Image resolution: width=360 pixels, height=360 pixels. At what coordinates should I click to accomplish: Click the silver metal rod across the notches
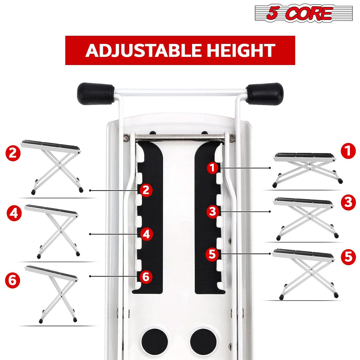pos(180,137)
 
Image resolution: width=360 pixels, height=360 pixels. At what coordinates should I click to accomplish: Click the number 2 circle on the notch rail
pos(146,190)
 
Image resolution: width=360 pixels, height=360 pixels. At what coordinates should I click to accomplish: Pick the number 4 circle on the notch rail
pos(146,234)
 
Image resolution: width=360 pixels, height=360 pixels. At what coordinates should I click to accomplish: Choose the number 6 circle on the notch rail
pos(146,277)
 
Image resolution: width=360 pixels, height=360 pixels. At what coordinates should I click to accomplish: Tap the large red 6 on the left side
pos(13,281)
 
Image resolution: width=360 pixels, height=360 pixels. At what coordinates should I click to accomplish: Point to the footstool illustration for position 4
pos(53,230)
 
